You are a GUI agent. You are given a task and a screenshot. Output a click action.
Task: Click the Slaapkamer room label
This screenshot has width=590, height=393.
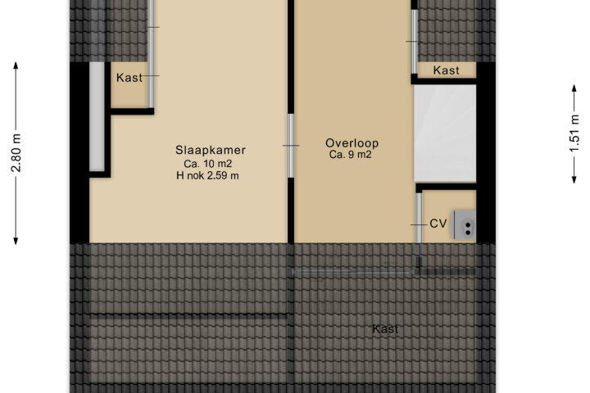(x=211, y=150)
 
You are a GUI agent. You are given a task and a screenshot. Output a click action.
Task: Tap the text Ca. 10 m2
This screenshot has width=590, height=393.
(x=207, y=164)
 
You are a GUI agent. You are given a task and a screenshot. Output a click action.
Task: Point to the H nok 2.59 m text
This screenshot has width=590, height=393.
(x=207, y=176)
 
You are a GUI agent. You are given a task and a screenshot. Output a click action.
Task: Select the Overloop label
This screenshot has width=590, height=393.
(x=352, y=143)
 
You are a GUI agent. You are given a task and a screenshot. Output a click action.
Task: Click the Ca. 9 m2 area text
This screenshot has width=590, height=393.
(x=351, y=155)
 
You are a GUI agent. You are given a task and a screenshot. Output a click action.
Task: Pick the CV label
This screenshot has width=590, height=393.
(x=438, y=224)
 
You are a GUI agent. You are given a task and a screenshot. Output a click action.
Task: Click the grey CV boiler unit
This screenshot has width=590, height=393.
(x=465, y=225)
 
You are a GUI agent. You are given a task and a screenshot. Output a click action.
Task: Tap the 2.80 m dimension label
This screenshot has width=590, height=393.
(x=16, y=152)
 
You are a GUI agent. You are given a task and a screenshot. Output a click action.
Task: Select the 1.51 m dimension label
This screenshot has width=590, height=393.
(x=574, y=133)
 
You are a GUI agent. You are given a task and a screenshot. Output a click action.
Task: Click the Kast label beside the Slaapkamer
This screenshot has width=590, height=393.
(x=129, y=78)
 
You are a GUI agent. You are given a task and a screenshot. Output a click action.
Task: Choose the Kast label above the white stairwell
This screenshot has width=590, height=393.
(x=447, y=70)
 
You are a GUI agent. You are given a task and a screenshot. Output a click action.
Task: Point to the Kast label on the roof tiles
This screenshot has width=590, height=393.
(x=385, y=329)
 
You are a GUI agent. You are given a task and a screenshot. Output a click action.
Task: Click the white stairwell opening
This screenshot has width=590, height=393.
(x=445, y=133)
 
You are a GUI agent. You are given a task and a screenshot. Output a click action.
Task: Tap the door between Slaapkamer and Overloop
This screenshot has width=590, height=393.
(x=291, y=146)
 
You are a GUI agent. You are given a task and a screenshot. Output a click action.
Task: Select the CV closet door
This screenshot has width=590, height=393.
(x=419, y=217)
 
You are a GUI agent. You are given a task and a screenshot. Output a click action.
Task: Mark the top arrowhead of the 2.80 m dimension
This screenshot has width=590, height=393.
(x=16, y=65)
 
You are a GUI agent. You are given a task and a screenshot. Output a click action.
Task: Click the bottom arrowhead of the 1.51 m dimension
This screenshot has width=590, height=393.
(x=574, y=180)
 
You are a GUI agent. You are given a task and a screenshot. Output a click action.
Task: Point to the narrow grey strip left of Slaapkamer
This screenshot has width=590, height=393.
(x=97, y=116)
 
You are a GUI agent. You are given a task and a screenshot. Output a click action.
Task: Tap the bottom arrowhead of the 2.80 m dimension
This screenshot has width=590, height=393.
(x=16, y=241)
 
